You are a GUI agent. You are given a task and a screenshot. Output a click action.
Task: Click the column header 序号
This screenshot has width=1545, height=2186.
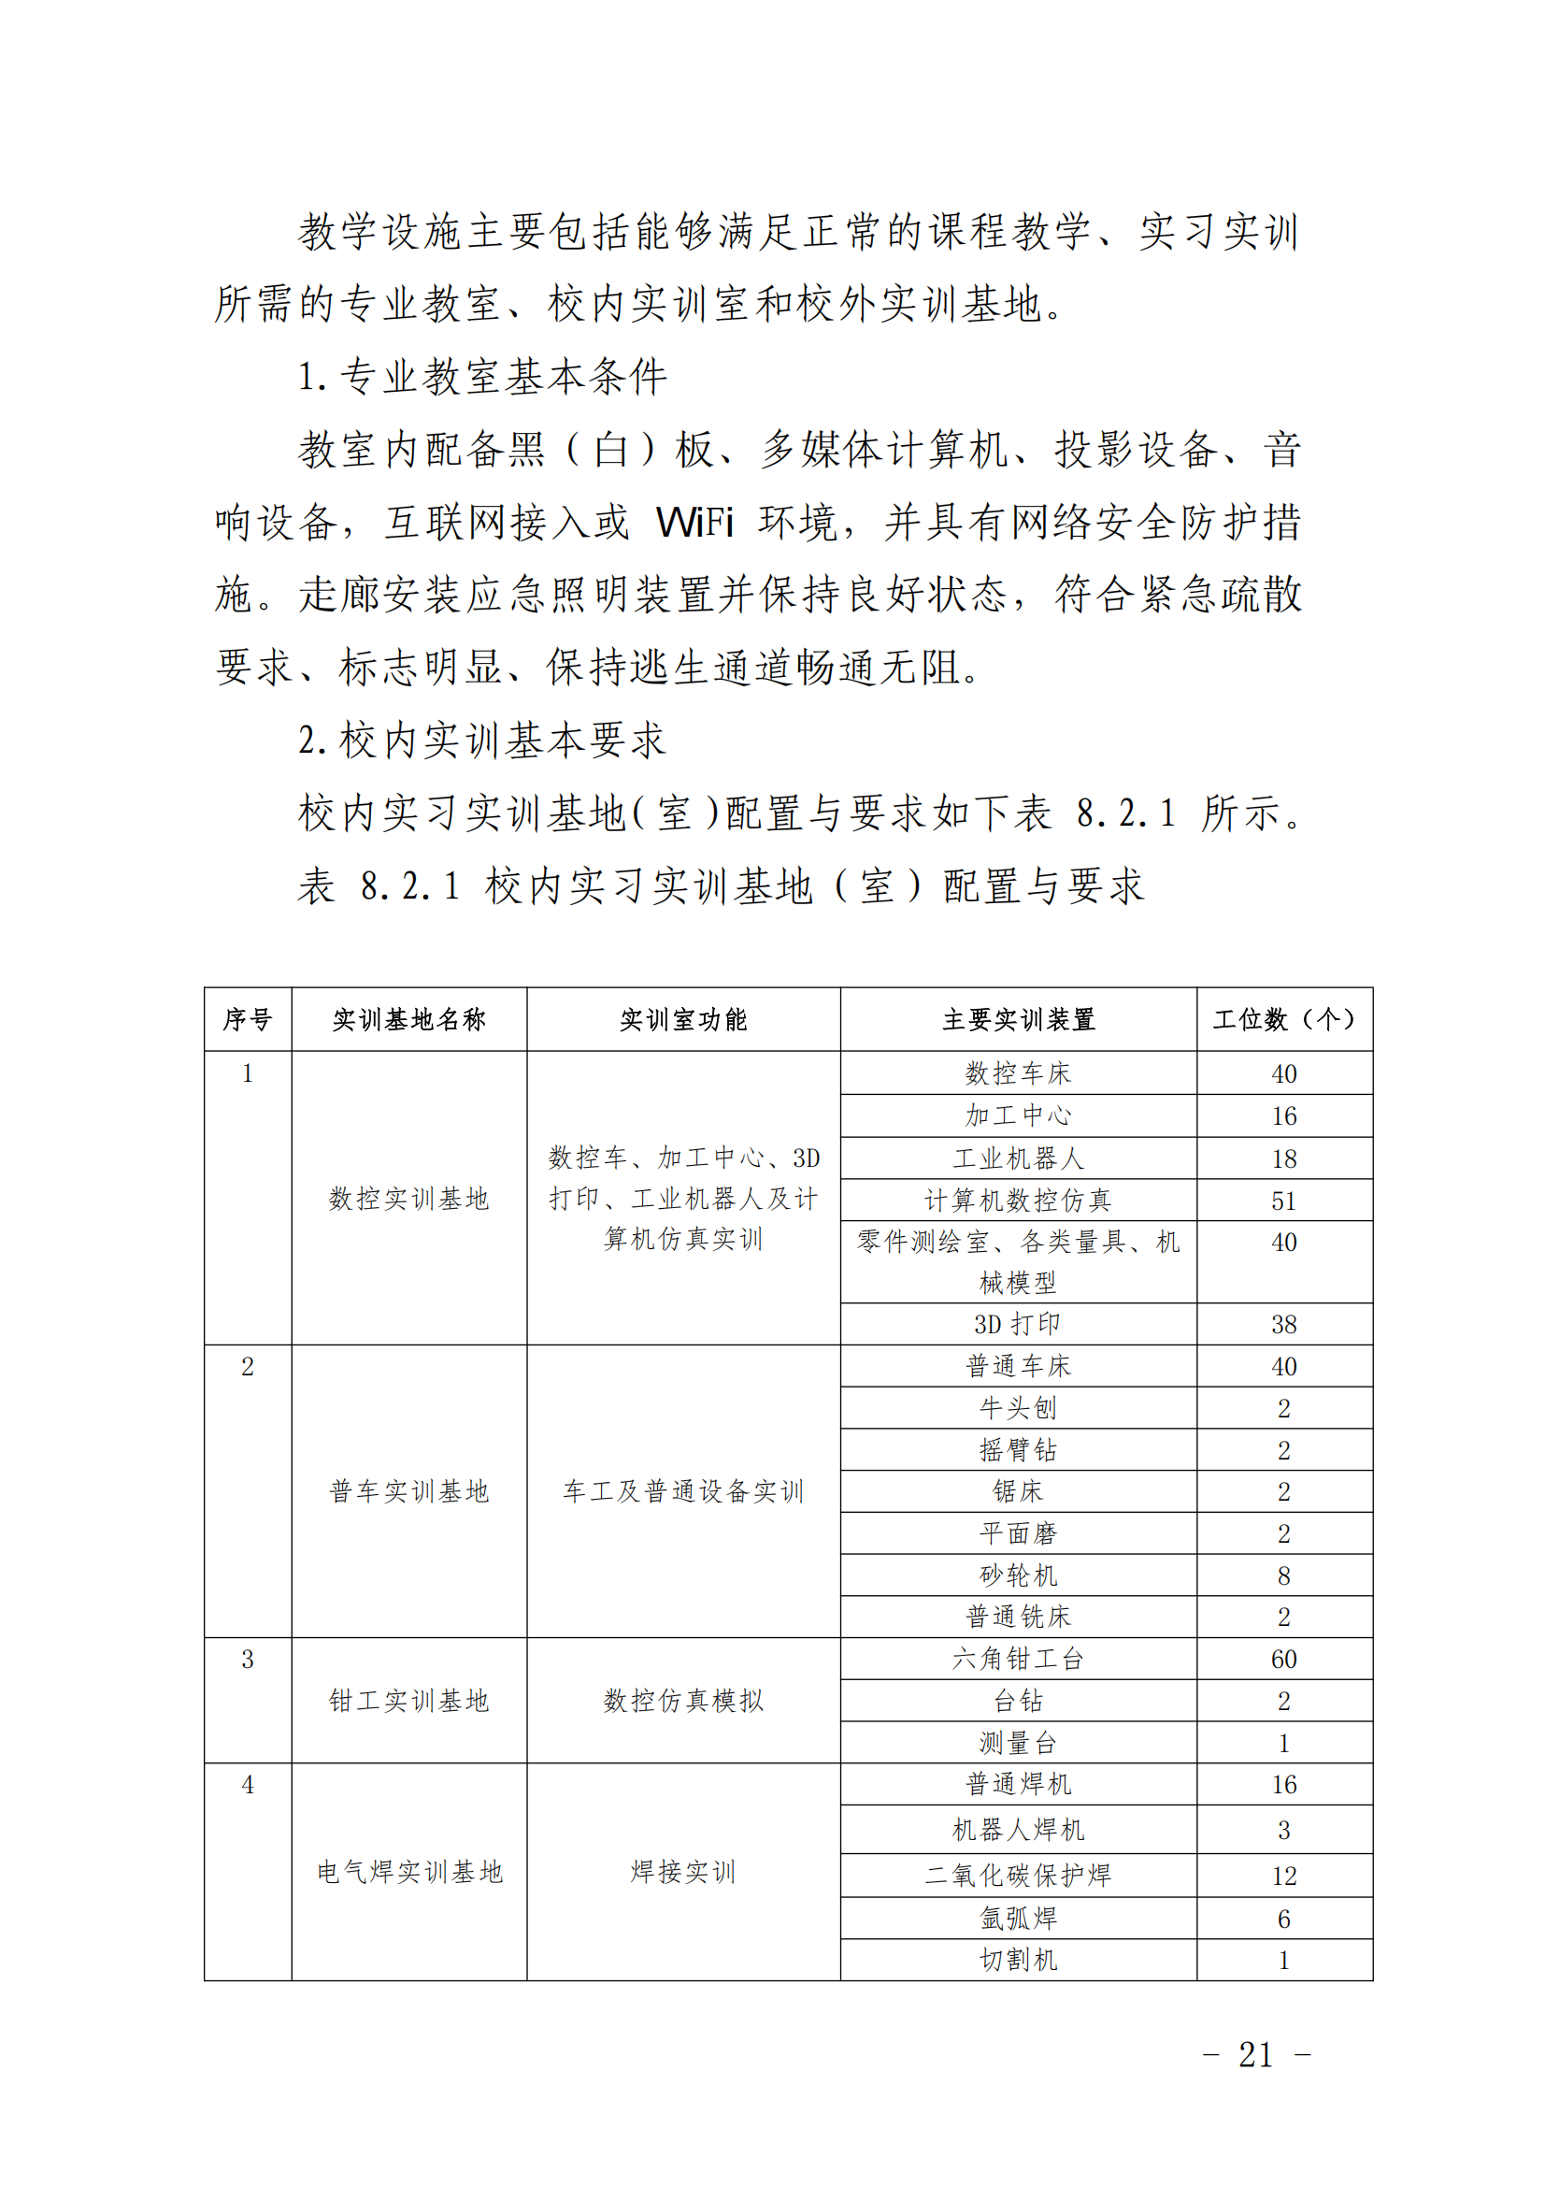pyautogui.click(x=248, y=1020)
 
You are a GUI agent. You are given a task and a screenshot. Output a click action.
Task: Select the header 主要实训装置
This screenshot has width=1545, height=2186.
pyautogui.click(x=1018, y=1020)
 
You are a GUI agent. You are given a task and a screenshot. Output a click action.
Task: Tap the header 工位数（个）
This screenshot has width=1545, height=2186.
pyautogui.click(x=1283, y=1020)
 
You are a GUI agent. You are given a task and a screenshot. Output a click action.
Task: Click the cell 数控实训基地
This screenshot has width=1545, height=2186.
pyautogui.click(x=408, y=1198)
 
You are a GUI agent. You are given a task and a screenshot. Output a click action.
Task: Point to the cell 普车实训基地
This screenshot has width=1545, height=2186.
pyautogui.click(x=408, y=1491)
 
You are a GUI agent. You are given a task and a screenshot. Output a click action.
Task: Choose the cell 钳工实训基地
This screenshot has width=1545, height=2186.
pyautogui.click(x=408, y=1701)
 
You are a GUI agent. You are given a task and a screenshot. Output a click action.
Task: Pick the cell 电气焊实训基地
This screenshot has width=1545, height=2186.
pyautogui.click(x=408, y=1872)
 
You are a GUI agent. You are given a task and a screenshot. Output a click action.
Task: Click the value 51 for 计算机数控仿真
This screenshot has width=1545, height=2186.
pyautogui.click(x=1283, y=1201)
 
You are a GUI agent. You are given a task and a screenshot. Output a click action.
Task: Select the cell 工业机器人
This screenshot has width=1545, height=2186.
pyautogui.click(x=1018, y=1158)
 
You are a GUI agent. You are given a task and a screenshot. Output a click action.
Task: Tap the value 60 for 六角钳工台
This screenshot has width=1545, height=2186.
pyautogui.click(x=1283, y=1660)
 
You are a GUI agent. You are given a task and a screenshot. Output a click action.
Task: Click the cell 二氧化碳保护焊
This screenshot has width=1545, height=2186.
pyautogui.click(x=1018, y=1875)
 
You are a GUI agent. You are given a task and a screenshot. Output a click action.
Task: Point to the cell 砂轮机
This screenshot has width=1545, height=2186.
pyautogui.click(x=1018, y=1575)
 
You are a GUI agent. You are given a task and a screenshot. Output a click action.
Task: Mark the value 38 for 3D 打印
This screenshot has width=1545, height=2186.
pyautogui.click(x=1283, y=1324)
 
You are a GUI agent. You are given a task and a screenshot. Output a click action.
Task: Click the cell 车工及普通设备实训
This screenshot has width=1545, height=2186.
pyautogui.click(x=682, y=1491)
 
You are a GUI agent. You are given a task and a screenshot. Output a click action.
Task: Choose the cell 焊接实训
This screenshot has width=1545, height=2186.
pyautogui.click(x=682, y=1872)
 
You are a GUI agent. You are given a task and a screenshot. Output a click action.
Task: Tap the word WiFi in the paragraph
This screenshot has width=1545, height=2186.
pyautogui.click(x=694, y=522)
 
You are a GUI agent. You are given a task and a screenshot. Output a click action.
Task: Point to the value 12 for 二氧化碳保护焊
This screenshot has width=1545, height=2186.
pyautogui.click(x=1283, y=1876)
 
